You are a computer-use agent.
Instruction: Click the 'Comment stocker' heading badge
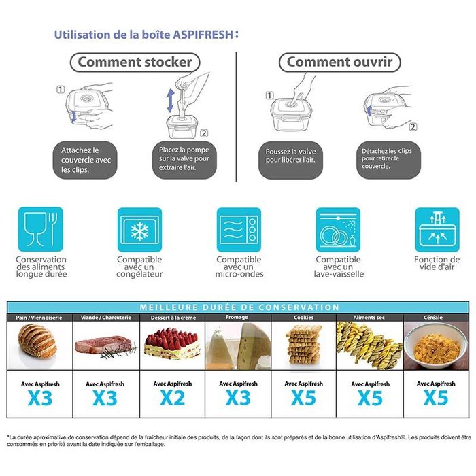click(x=135, y=63)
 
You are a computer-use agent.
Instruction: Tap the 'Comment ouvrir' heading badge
click(x=339, y=63)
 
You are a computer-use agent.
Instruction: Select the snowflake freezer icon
click(x=139, y=230)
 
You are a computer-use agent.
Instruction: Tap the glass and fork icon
click(x=40, y=230)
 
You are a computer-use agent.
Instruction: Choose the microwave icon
click(x=239, y=230)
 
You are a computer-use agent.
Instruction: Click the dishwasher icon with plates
click(x=338, y=230)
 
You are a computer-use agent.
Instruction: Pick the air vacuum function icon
click(x=437, y=230)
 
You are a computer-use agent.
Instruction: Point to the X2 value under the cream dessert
click(x=173, y=398)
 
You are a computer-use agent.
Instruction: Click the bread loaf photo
click(x=39, y=341)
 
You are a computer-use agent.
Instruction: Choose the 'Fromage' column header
click(x=237, y=318)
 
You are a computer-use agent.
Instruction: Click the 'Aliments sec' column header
click(x=369, y=318)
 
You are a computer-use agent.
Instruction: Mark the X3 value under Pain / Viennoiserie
click(x=40, y=398)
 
